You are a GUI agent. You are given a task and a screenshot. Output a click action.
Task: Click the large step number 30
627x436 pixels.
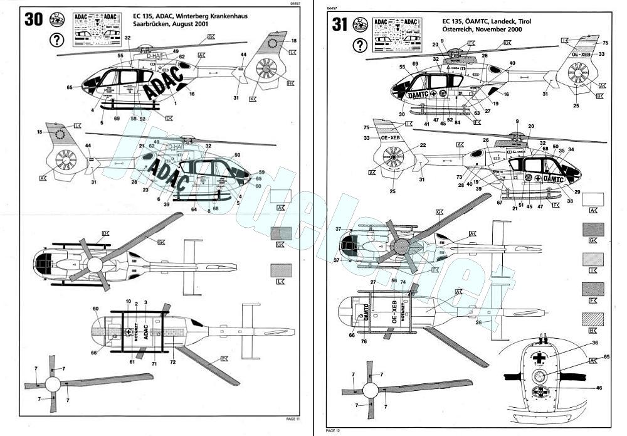click(x=34, y=19)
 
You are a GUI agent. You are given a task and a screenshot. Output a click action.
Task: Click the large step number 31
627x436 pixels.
click(x=339, y=24)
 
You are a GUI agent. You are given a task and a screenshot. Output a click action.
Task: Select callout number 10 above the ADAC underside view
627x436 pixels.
click(x=128, y=302)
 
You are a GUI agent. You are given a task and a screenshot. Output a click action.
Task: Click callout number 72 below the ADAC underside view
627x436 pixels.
click(x=172, y=363)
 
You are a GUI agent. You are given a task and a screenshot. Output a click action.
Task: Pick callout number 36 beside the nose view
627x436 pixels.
click(x=594, y=343)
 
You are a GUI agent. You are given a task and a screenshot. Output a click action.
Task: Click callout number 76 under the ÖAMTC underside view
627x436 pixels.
click(x=363, y=342)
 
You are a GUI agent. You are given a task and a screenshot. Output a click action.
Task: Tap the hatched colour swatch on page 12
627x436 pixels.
click(x=593, y=317)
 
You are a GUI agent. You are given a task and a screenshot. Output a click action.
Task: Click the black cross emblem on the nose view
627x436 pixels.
click(x=537, y=356)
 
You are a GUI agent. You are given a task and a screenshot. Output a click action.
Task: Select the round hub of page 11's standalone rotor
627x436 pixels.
click(x=53, y=383)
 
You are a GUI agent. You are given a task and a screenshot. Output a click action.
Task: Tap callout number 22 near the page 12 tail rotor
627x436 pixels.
click(x=423, y=145)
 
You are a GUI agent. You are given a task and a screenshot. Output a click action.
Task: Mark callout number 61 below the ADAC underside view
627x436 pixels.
click(x=132, y=362)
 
